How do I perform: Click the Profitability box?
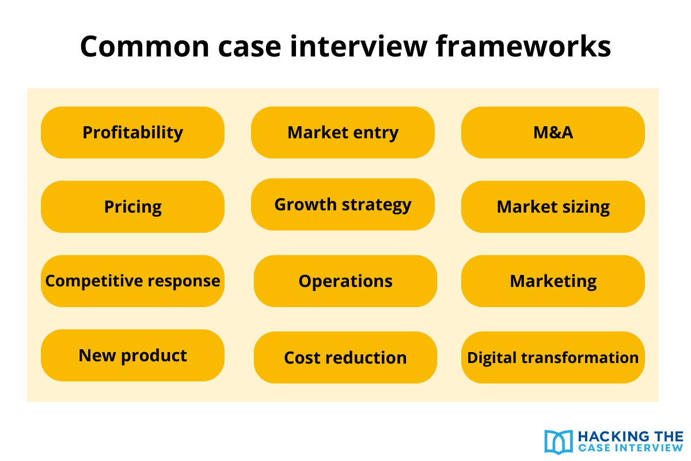click(x=132, y=133)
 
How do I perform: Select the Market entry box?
click(x=343, y=133)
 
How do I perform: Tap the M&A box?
click(x=553, y=133)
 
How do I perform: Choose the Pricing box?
click(x=132, y=207)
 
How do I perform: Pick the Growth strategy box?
click(x=343, y=205)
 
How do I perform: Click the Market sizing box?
click(x=553, y=207)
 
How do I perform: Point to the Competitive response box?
click(x=132, y=281)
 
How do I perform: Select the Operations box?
click(x=345, y=281)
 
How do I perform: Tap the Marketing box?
click(x=553, y=281)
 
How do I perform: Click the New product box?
click(x=132, y=356)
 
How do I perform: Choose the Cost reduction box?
click(x=345, y=357)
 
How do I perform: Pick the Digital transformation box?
click(x=553, y=357)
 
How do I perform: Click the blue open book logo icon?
click(x=558, y=441)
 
